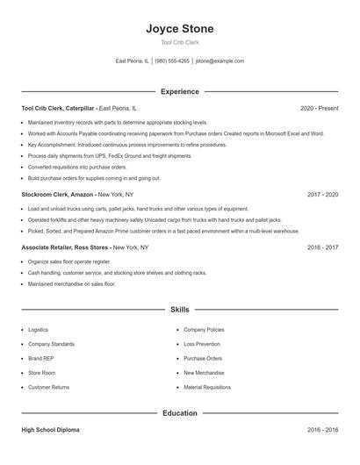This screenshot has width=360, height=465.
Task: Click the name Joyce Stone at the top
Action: click(179, 29)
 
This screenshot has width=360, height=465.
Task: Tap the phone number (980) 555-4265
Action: click(173, 61)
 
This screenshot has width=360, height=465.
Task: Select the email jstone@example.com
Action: click(220, 61)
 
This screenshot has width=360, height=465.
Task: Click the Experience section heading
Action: click(179, 91)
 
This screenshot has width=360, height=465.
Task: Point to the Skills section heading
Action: click(179, 310)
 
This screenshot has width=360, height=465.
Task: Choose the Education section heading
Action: click(179, 412)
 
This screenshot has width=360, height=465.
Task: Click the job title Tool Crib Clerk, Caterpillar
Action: click(58, 108)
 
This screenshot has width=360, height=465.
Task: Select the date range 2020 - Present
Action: click(319, 108)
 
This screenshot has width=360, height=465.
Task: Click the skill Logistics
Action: click(38, 330)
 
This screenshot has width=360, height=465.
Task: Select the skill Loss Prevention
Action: click(202, 344)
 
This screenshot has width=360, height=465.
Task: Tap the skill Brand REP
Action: click(40, 358)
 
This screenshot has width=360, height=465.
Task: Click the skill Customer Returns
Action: click(48, 387)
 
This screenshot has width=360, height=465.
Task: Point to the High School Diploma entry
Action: click(52, 431)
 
